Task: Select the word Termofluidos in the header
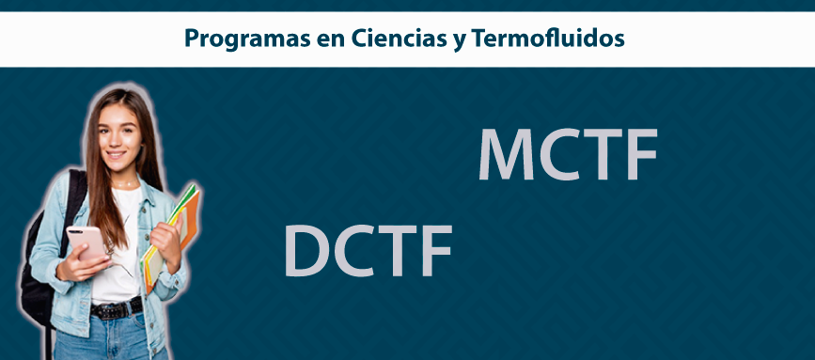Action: pyautogui.click(x=548, y=38)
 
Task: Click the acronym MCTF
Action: pyautogui.click(x=568, y=154)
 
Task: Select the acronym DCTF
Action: pyautogui.click(x=368, y=250)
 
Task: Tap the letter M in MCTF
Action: pyautogui.click(x=507, y=154)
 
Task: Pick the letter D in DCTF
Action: pyautogui.click(x=306, y=250)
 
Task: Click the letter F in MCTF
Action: pyautogui.click(x=642, y=154)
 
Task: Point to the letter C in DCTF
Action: pyautogui.click(x=354, y=250)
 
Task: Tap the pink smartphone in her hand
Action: pyautogui.click(x=87, y=243)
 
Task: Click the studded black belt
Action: pyautogui.click(x=117, y=309)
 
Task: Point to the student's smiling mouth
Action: pyautogui.click(x=116, y=154)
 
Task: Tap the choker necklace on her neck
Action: pyautogui.click(x=125, y=184)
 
